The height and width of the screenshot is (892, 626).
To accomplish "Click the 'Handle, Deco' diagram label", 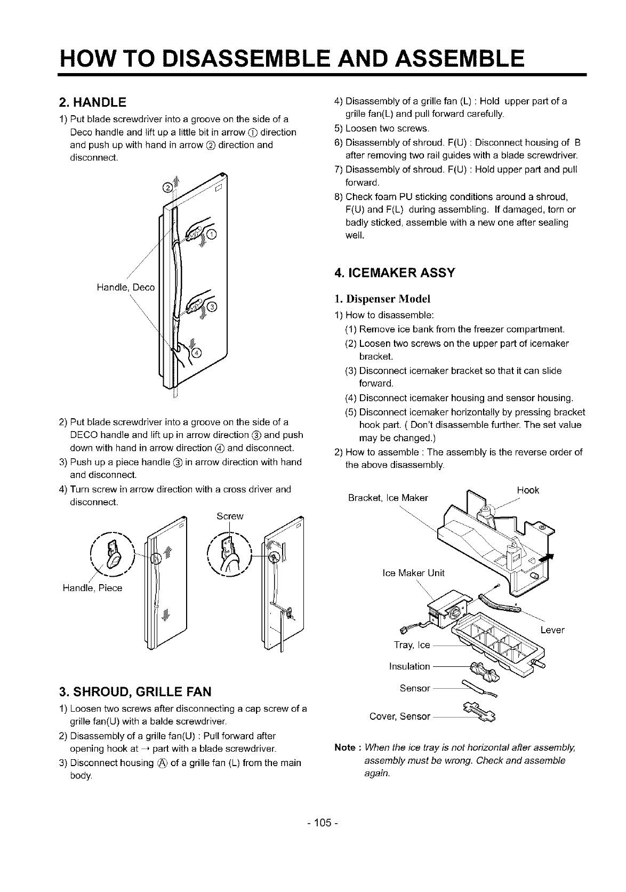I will pos(125,288).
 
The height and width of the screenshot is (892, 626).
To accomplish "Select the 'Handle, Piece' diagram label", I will pos(92,588).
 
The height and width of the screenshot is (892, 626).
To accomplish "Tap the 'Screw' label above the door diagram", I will pos(230,516).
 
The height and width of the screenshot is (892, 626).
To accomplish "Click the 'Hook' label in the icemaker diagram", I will pos(528,490).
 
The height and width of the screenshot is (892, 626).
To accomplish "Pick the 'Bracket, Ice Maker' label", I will pos(388,498).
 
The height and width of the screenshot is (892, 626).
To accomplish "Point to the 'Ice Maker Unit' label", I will pos(413,573).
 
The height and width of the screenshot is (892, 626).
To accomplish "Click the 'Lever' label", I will pos(552,630).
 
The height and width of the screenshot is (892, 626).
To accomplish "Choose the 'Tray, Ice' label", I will pos(412,646).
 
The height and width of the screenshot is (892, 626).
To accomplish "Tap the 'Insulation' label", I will pos(410,666).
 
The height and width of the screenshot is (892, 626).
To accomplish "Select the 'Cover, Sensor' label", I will pos(399,716).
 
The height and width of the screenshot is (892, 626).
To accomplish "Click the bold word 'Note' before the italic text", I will pos(344,747).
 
